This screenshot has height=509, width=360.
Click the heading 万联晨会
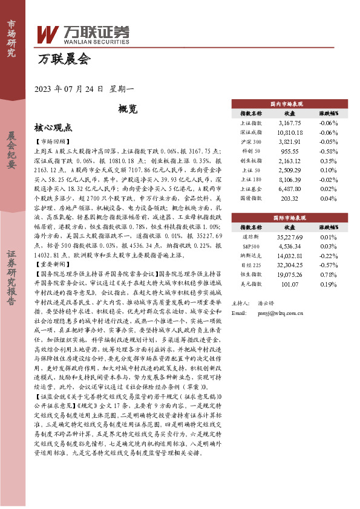coord(64,59)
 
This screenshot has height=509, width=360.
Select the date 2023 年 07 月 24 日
coord(70,89)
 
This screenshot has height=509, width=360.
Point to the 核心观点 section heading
coord(53,128)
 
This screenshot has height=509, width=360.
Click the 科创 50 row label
coord(251,151)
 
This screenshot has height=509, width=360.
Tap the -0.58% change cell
coord(329,151)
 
